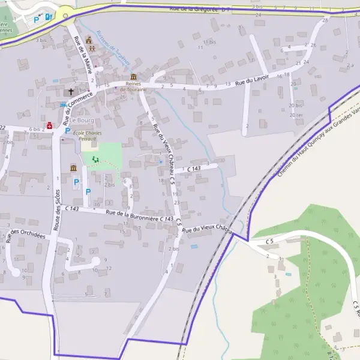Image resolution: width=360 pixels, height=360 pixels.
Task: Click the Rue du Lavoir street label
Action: (252, 80)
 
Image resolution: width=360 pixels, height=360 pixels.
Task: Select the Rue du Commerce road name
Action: (75, 104)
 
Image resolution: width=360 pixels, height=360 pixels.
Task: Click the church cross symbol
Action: (70, 92)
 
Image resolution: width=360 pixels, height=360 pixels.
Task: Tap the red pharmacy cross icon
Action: (50, 125)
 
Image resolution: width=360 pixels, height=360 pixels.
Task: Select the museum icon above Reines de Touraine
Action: (133, 77)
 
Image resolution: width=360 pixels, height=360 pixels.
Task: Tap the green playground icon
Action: (96, 159)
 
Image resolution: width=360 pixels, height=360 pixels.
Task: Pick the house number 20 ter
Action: (295, 115)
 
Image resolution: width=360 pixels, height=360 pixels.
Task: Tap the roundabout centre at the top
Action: (65, 16)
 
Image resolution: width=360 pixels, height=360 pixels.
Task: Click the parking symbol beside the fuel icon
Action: (36, 19)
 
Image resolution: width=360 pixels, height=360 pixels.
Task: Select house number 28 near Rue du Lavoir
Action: (325, 20)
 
